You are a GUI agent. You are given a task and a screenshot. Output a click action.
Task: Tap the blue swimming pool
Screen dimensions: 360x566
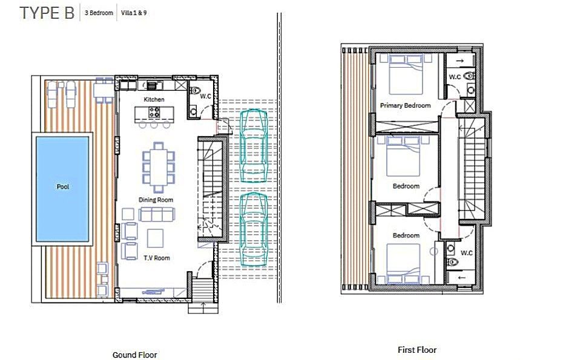pos(63,187)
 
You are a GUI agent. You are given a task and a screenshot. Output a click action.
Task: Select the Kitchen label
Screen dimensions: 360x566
pos(154,99)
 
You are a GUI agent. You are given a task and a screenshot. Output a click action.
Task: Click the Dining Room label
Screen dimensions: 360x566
pos(156,200)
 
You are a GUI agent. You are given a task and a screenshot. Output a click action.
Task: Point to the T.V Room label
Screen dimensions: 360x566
pos(157,258)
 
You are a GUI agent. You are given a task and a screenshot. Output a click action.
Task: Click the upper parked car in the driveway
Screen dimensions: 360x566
pos(253,146)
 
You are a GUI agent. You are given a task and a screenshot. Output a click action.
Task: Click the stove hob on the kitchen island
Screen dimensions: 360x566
pos(154,112)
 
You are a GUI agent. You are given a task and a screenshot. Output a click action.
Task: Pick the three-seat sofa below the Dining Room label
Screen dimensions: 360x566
pos(157,214)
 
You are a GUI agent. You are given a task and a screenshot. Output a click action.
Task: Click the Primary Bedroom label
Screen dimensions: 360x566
pos(405,105)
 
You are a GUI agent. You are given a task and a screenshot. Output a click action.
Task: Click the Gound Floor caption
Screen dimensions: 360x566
pos(135,355)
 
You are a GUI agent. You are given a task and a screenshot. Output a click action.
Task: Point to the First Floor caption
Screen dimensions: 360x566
pos(416,350)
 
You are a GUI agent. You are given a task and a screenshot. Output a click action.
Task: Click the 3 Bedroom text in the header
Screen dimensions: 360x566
pos(99,13)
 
